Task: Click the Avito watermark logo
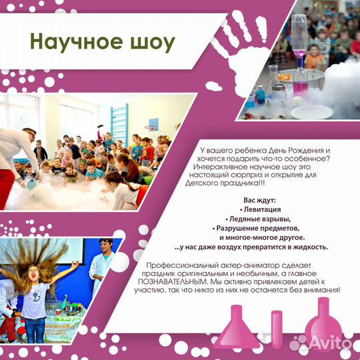[x=329, y=341]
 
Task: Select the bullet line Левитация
[x=257, y=209]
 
